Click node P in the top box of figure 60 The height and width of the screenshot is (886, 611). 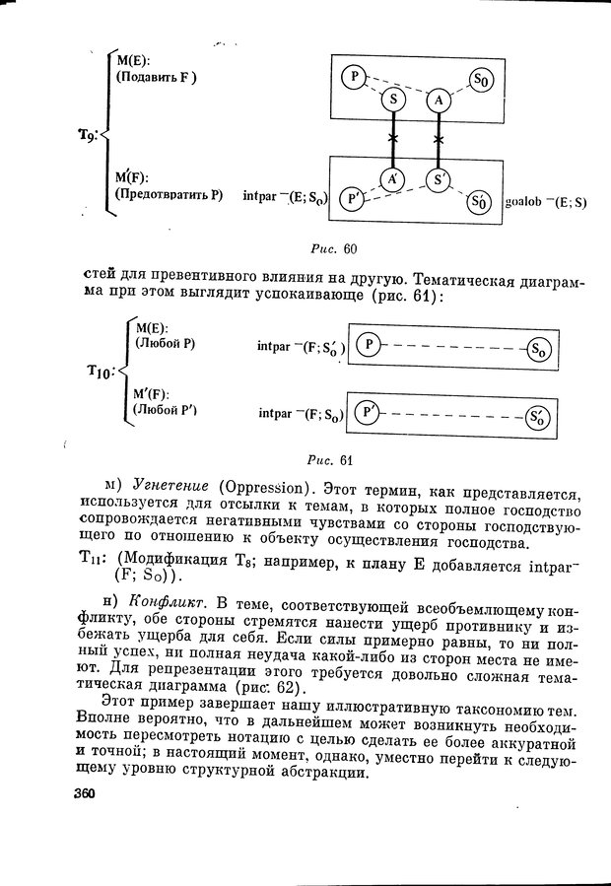click(x=353, y=76)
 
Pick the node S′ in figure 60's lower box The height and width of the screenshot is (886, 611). click(x=438, y=178)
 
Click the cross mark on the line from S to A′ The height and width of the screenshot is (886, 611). click(x=392, y=138)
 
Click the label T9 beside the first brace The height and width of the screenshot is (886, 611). click(x=89, y=136)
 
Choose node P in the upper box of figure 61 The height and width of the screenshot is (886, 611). click(x=367, y=344)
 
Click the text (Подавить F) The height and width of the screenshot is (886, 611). click(x=156, y=77)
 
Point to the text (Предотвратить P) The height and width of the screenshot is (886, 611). click(x=169, y=195)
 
